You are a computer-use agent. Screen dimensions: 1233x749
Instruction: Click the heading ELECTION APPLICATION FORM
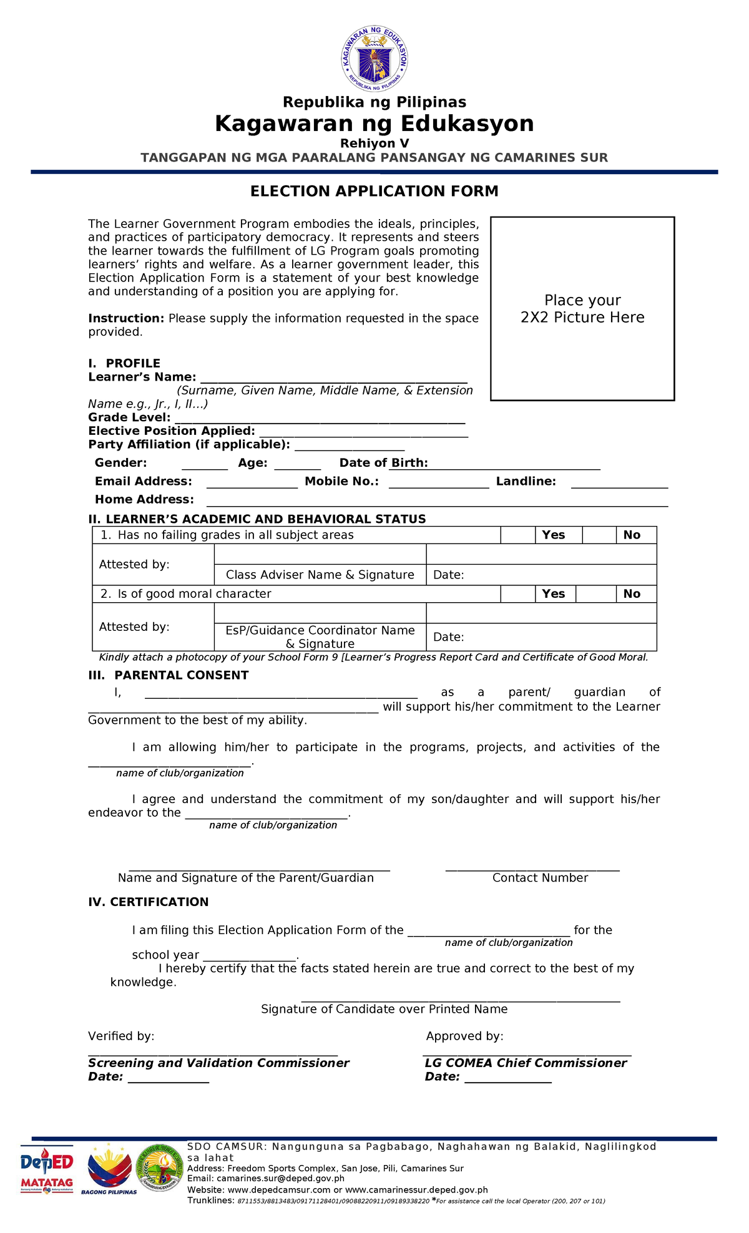click(374, 192)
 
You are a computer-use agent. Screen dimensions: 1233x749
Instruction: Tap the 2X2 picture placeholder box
click(582, 309)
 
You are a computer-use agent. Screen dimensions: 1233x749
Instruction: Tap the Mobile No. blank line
click(439, 483)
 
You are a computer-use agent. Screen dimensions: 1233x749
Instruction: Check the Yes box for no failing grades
click(517, 535)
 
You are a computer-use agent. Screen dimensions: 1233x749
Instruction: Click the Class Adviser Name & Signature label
click(320, 575)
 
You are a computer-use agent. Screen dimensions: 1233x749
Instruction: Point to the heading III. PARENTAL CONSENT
click(169, 675)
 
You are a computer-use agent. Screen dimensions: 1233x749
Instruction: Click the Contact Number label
click(540, 878)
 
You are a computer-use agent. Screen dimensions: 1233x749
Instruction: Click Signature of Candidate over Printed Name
click(384, 1009)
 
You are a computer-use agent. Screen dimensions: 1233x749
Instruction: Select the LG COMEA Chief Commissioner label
click(526, 1063)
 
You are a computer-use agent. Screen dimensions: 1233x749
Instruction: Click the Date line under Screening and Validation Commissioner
click(168, 1078)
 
